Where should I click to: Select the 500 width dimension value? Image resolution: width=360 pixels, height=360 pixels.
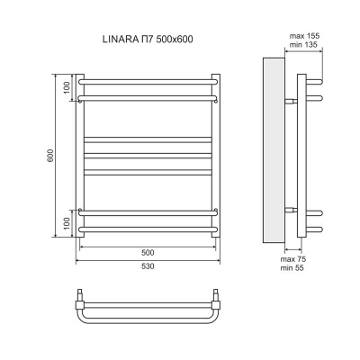tap(148, 252)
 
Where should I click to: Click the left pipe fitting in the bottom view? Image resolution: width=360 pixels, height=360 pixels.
tap(80, 294)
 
